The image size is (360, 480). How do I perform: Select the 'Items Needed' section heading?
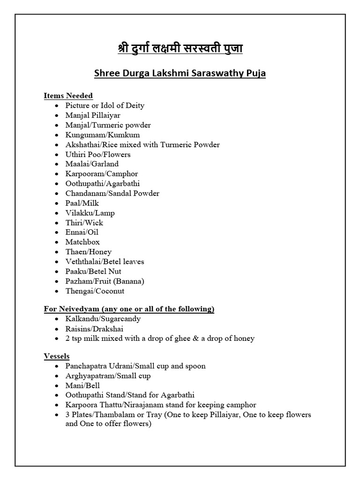68,96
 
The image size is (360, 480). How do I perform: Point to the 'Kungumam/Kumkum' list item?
96,135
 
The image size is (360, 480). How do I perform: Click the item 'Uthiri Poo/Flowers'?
98,154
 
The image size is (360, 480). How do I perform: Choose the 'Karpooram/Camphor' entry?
102,174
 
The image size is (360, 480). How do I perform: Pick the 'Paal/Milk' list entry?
82,203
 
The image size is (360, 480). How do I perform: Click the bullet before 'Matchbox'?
56,242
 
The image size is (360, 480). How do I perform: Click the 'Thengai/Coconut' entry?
95,291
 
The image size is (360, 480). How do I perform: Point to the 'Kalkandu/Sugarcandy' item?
103,319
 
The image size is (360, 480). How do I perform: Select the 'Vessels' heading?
57,356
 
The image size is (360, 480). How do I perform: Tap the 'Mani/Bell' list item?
82,386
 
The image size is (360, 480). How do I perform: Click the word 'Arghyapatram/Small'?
100,376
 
